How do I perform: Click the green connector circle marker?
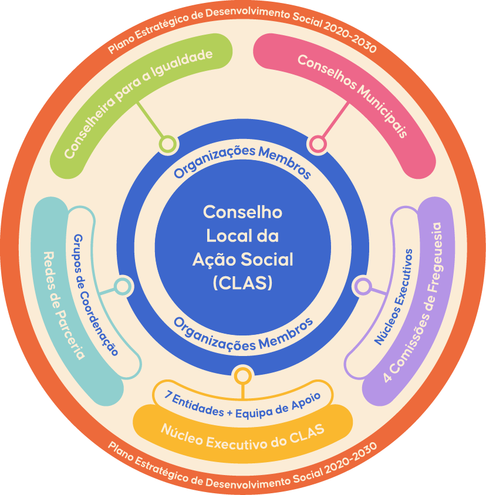coord(167,143)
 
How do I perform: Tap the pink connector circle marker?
coord(318,143)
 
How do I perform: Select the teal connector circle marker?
coord(122,286)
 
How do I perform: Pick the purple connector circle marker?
coord(363,286)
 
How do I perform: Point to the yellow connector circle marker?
coord(242,375)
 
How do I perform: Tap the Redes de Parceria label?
coord(64,304)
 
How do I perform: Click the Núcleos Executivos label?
coord(394,297)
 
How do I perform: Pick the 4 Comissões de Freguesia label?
coord(420,302)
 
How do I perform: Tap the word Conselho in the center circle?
coord(242,212)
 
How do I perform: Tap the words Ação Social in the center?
coord(242,259)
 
